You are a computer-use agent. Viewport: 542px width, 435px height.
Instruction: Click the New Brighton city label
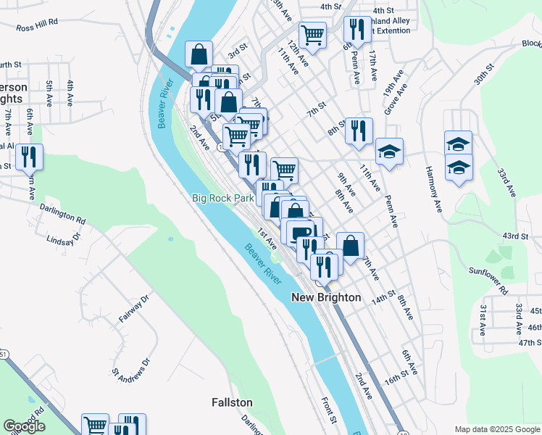(x=326, y=297)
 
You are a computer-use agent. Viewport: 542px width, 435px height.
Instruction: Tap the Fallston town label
(x=232, y=402)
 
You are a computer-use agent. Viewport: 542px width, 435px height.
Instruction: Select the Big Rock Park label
(x=223, y=198)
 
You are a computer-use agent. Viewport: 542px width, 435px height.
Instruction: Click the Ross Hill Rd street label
(x=37, y=24)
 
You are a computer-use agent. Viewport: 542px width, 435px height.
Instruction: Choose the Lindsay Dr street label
(x=61, y=240)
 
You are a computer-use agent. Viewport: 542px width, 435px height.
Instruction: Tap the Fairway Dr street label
(x=133, y=308)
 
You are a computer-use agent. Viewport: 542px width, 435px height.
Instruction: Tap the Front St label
(x=328, y=410)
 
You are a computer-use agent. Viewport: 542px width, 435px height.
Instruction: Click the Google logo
(x=24, y=426)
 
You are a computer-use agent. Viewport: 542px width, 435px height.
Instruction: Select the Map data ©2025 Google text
(x=496, y=429)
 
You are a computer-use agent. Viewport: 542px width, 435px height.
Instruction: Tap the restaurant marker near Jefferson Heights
(x=29, y=157)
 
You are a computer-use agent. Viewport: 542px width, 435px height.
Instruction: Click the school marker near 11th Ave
(x=389, y=152)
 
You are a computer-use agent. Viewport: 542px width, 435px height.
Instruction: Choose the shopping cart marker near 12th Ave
(x=312, y=33)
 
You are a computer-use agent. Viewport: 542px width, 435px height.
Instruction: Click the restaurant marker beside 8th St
(x=359, y=130)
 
